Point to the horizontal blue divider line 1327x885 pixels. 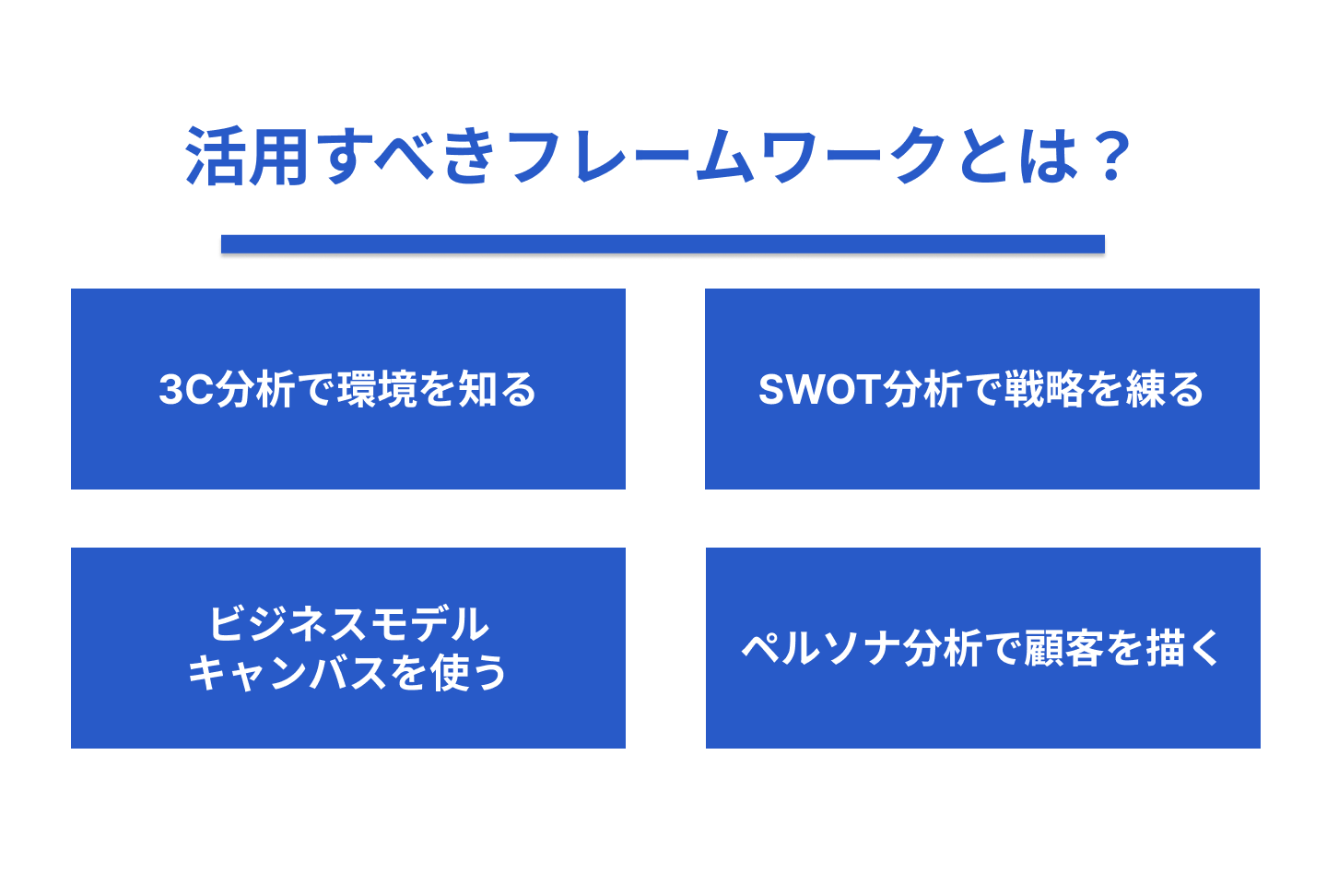coord(663,244)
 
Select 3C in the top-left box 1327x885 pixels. coord(186,389)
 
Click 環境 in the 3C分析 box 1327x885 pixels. coord(377,389)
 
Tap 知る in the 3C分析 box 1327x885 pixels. coord(498,389)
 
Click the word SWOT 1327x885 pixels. coord(820,389)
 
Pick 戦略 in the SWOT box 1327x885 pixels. coord(1044,389)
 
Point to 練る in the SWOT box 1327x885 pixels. coord(1165,389)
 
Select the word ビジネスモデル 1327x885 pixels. coord(349,624)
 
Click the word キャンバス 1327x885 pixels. coord(288,673)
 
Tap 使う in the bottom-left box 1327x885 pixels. coord(468,673)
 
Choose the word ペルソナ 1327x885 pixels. coord(823,648)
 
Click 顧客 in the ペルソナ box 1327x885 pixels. coord(1064,648)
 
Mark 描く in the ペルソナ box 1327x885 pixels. coord(1182,648)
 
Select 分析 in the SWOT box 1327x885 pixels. coord(923,389)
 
